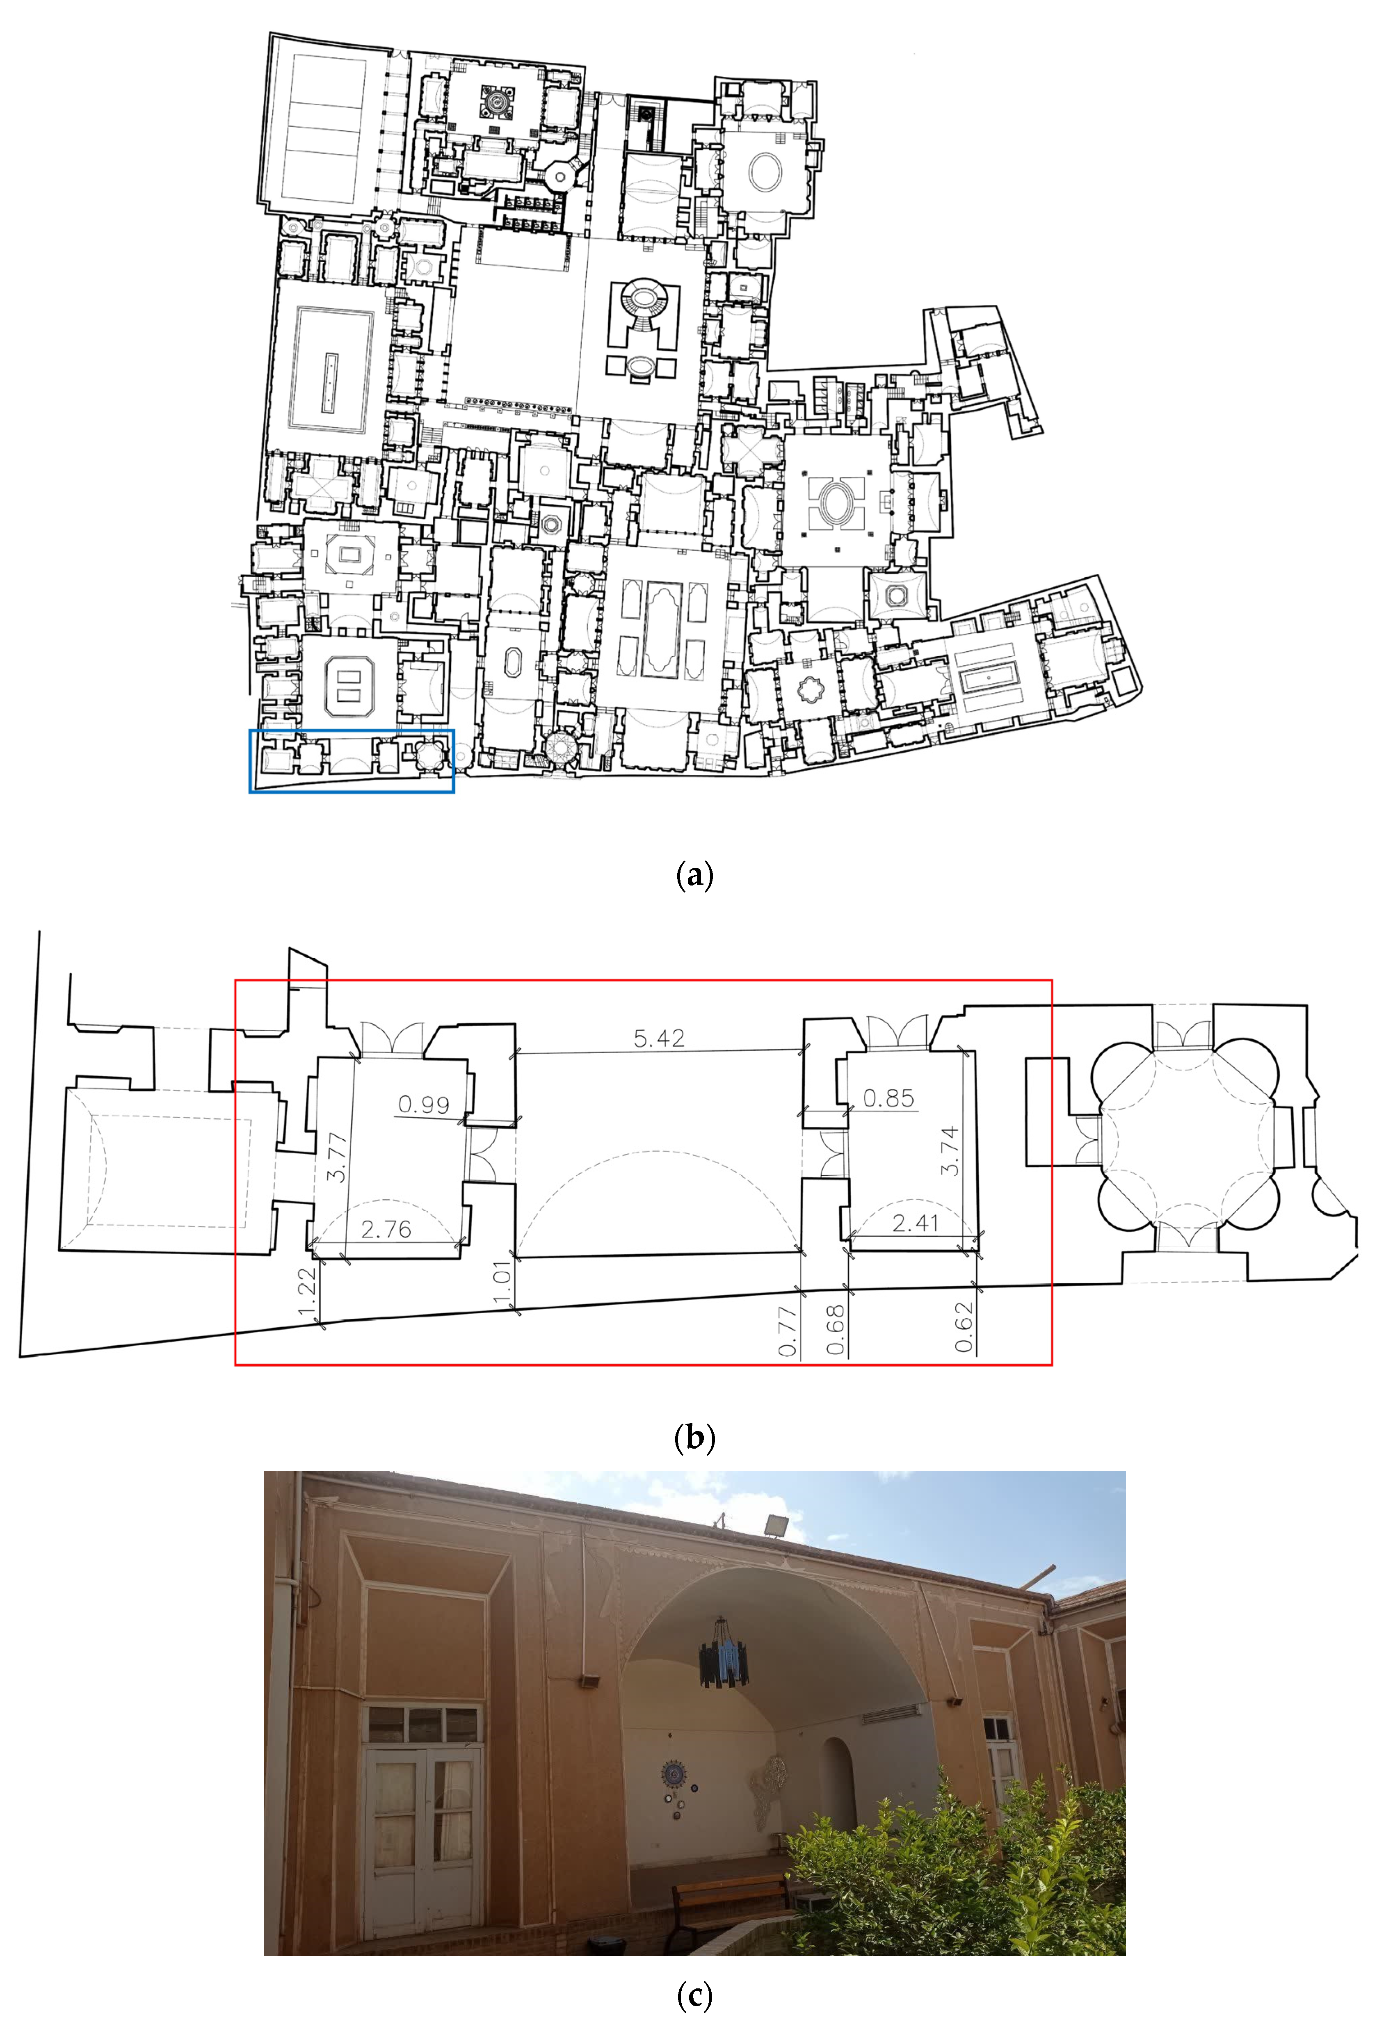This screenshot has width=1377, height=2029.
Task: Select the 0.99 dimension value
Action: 423,1105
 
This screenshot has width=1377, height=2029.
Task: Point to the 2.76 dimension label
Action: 386,1229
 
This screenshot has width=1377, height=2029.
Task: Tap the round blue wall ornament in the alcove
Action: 674,1773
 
